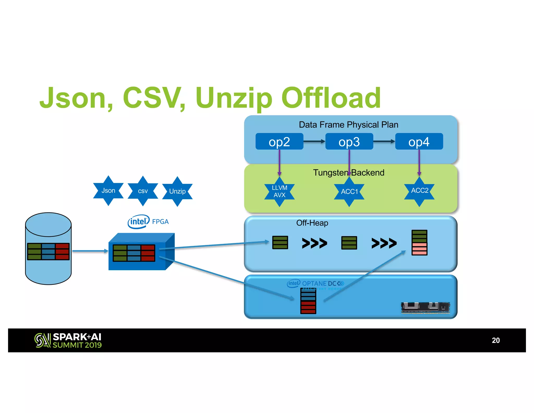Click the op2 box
tap(279, 141)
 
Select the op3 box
tap(349, 141)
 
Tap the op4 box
tap(419, 141)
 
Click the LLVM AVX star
tap(279, 191)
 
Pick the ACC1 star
tap(349, 191)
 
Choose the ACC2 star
tap(419, 191)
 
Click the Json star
tap(108, 191)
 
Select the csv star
tap(143, 191)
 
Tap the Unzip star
tap(177, 191)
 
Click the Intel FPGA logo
tap(148, 222)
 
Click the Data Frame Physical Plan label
tap(348, 125)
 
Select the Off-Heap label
tap(312, 223)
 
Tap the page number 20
tap(495, 340)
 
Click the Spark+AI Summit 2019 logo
tap(68, 340)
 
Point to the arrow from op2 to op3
tap(314, 141)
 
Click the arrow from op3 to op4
tap(384, 141)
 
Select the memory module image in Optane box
tap(426, 307)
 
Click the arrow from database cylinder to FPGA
tap(90, 251)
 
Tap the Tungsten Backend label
tap(349, 173)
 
